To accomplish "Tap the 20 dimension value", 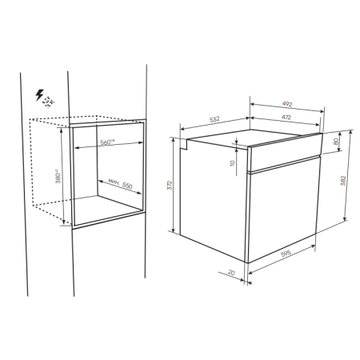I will point(231,273).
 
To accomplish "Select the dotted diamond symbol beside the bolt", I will point(50,102).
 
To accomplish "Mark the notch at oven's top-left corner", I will point(183,144).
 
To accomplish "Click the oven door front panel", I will point(284,212).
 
